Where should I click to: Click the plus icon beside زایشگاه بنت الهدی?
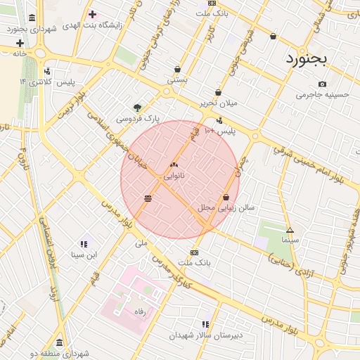pyautogui.click(x=93, y=14)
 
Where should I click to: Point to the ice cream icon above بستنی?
pyautogui.click(x=177, y=69)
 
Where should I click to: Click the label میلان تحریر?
pyautogui.click(x=219, y=103)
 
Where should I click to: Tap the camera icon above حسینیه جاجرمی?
pyautogui.click(x=322, y=84)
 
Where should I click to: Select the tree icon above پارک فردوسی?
pyautogui.click(x=137, y=108)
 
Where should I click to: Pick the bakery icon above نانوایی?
pyautogui.click(x=174, y=165)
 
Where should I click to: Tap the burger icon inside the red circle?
pyautogui.click(x=148, y=198)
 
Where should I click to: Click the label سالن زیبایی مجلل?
pyautogui.click(x=226, y=208)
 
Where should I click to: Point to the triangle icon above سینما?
pyautogui.click(x=290, y=230)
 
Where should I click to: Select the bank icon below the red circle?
pyautogui.click(x=194, y=252)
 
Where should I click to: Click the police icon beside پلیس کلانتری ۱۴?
pyautogui.click(x=47, y=71)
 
